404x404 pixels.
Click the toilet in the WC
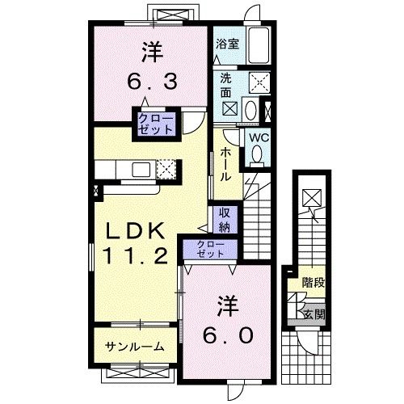click(x=257, y=158)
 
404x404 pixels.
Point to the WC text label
click(x=258, y=137)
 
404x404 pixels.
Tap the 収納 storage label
click(x=225, y=220)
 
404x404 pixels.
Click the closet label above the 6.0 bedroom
click(x=207, y=249)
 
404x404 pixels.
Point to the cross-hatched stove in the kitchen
click(x=166, y=169)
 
